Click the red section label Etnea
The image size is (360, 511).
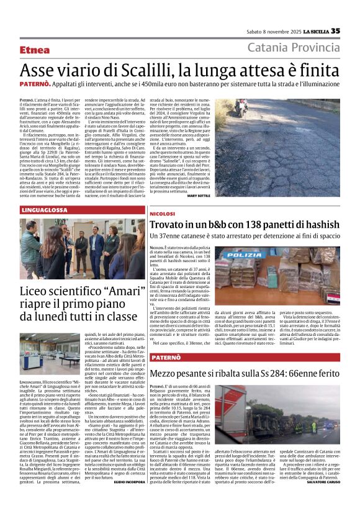[35, 50]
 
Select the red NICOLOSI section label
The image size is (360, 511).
[163, 214]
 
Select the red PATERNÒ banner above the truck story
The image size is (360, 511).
[166, 358]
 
